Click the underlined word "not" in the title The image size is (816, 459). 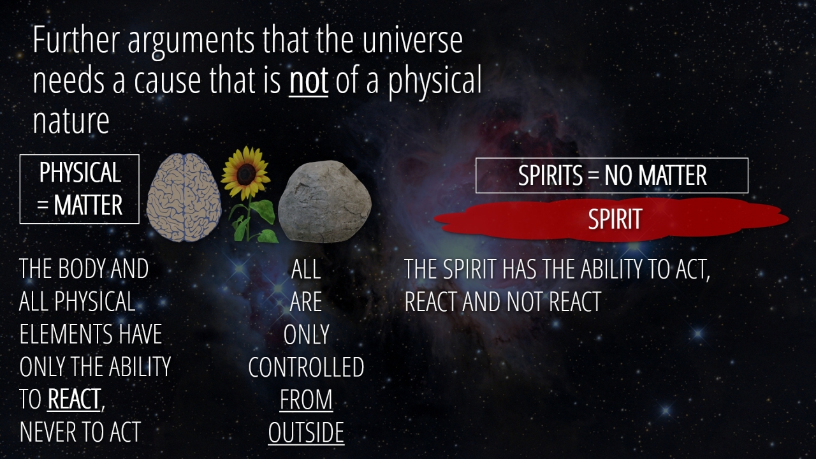[x=309, y=80]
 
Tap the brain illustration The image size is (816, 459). [x=184, y=197]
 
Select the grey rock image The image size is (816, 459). [x=324, y=201]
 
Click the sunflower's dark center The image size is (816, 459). [x=245, y=174]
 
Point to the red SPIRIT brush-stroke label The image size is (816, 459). [x=611, y=219]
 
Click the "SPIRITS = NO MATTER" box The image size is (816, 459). [x=611, y=175]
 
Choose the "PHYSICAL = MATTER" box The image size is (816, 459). [x=80, y=189]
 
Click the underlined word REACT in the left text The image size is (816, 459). [x=74, y=399]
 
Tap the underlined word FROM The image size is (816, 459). [x=306, y=400]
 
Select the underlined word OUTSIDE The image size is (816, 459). [x=306, y=432]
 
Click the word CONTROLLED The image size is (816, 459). [x=306, y=367]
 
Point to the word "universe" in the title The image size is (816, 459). [x=412, y=40]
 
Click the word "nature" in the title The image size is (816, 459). [x=71, y=121]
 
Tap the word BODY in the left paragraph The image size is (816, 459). [x=83, y=269]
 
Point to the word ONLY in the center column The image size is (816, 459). [x=307, y=335]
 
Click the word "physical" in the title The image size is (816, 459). [x=435, y=82]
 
